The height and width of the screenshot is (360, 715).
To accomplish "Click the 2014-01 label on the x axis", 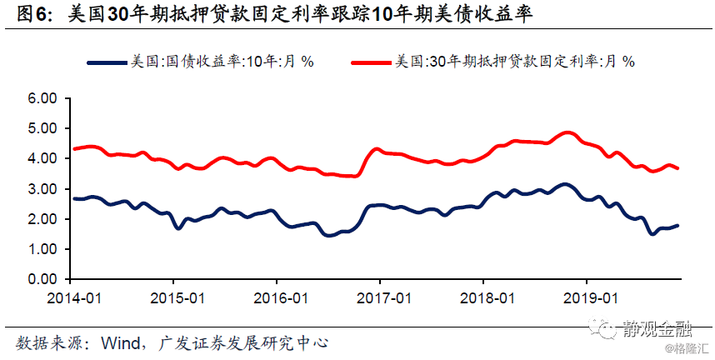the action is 74,298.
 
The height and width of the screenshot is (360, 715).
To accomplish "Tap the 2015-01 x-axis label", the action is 177,298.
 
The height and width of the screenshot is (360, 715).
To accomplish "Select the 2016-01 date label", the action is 281,298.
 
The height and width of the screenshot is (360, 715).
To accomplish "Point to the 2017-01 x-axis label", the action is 384,298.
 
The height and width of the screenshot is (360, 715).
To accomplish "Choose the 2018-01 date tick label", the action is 487,298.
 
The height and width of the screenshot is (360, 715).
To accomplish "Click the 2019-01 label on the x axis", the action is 591,298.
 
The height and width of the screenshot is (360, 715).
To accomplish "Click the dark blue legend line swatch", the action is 107,62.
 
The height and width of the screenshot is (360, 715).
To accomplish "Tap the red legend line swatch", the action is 371,62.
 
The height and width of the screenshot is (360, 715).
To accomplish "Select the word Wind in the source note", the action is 121,343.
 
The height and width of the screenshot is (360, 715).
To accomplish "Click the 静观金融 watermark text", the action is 657,328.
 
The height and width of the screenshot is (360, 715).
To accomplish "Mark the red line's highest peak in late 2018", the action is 567,133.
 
